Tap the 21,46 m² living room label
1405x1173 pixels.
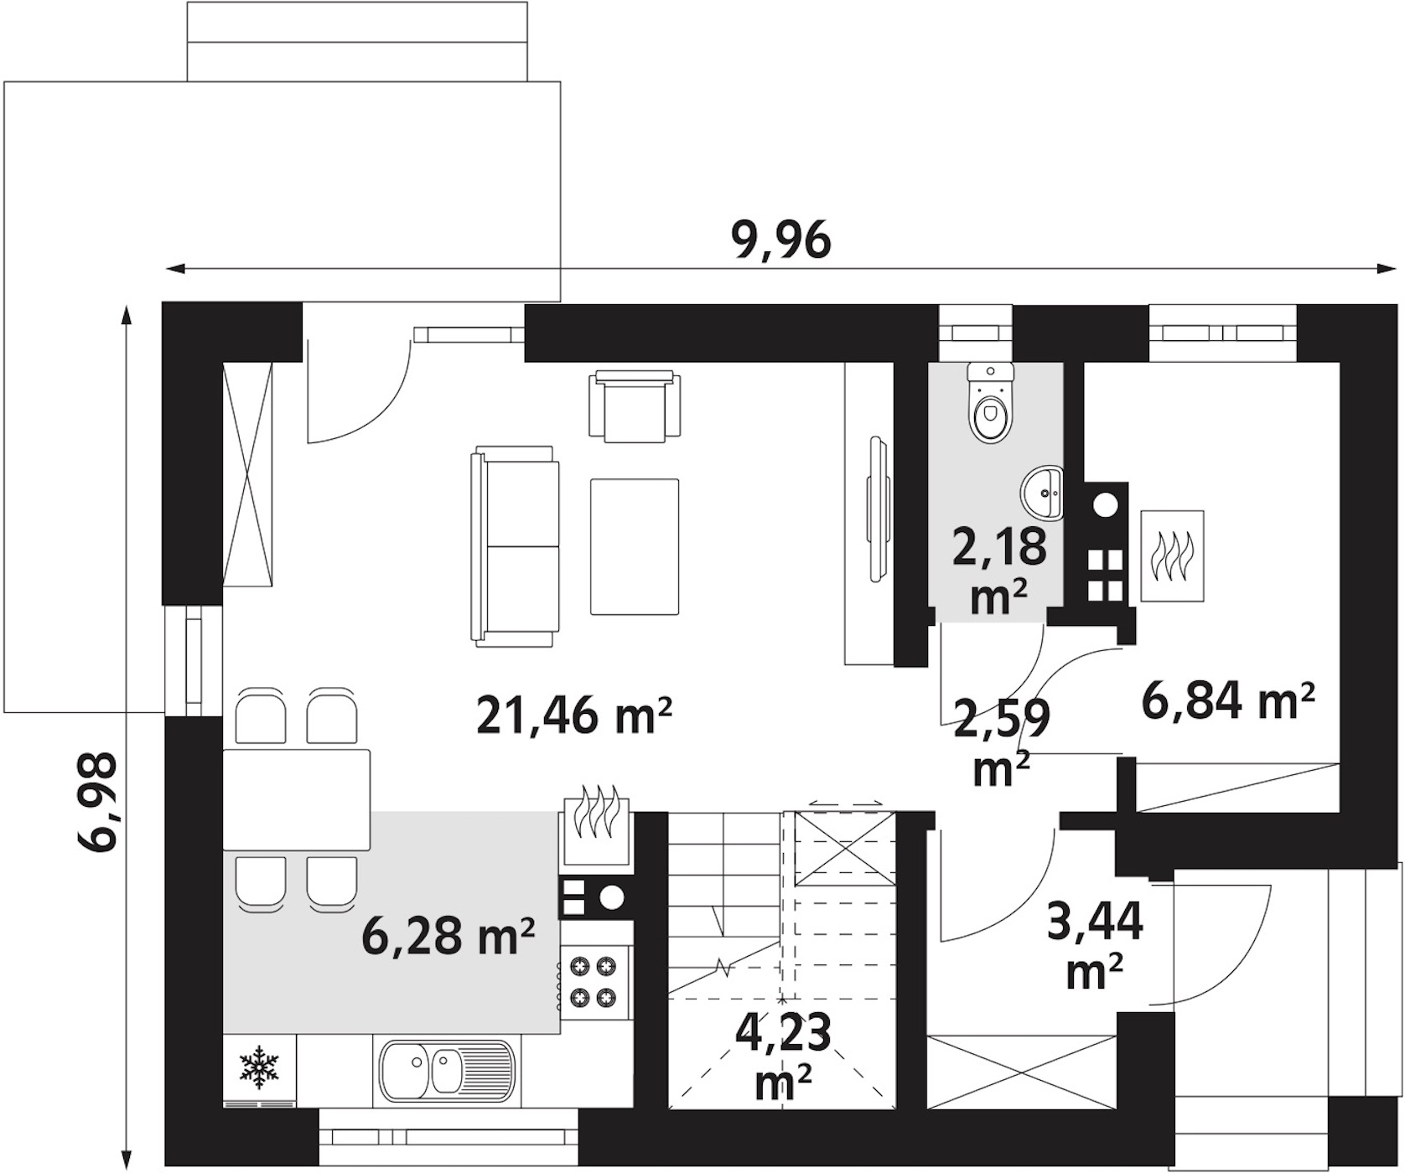tap(574, 716)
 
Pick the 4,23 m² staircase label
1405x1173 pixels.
tap(783, 1056)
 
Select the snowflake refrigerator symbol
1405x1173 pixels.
tap(259, 1067)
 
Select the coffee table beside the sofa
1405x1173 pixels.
tap(635, 546)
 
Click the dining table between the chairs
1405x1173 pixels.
tap(297, 800)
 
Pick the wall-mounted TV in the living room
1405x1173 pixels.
tap(877, 508)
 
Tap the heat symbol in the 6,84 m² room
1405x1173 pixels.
tap(1172, 555)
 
